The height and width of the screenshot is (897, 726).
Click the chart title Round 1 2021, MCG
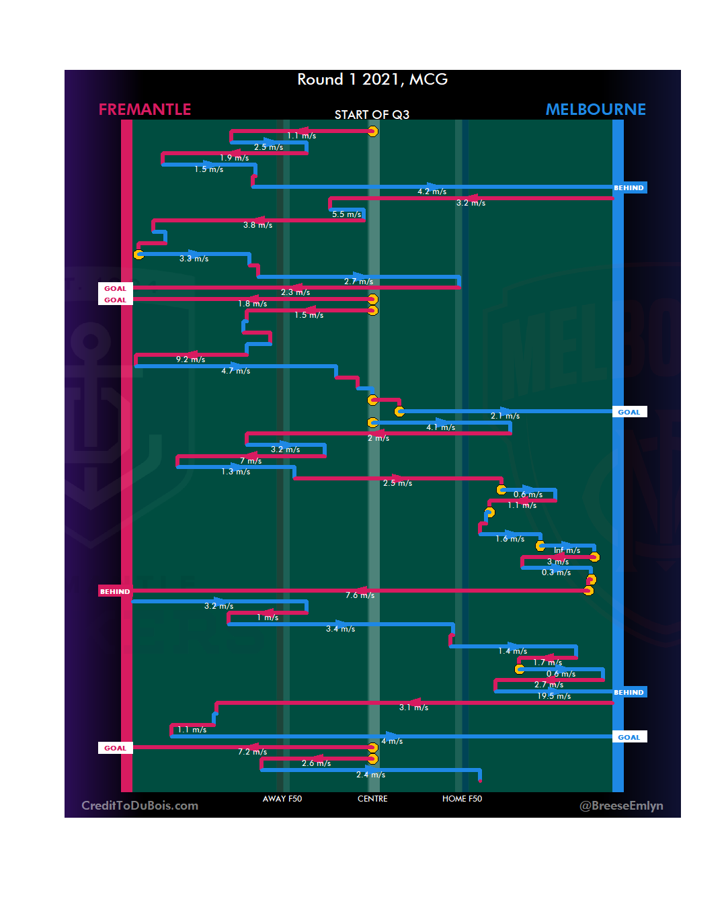coord(372,79)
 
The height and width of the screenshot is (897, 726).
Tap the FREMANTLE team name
coord(145,110)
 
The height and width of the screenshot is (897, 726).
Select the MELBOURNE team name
coord(596,110)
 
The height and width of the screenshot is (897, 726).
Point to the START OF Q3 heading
coord(372,115)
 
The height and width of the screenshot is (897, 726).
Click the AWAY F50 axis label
coord(282,799)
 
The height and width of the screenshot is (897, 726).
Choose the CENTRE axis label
coord(372,799)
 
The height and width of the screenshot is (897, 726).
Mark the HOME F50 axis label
coord(462,799)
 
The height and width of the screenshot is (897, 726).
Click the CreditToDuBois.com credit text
coord(140,806)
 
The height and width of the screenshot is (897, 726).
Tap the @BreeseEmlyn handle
coord(621,806)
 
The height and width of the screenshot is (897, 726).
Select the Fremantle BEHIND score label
coord(115,592)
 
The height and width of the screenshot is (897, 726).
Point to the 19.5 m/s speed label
coord(554,696)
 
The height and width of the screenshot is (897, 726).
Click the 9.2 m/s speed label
coord(190,359)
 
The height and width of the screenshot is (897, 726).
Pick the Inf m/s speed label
coord(567,550)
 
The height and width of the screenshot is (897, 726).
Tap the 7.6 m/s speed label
coord(360,595)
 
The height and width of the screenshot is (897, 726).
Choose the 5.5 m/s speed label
coord(346,214)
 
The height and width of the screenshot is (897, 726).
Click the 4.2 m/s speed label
coord(432,191)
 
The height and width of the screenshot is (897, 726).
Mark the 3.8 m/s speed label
coord(257,225)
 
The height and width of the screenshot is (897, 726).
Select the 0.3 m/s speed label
coord(556,572)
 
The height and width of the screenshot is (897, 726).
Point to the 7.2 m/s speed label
coord(252,752)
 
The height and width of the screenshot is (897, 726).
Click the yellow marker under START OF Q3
coord(372,131)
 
